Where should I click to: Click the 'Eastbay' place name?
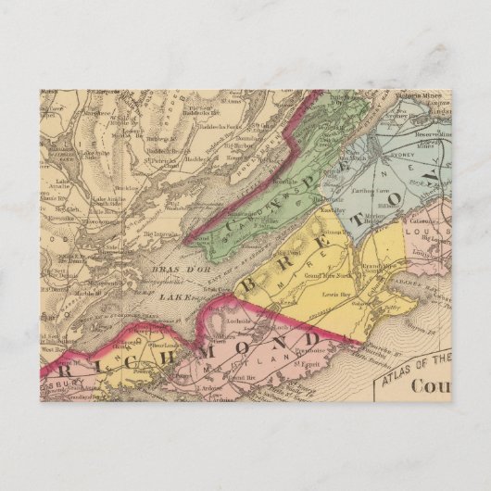333,210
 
